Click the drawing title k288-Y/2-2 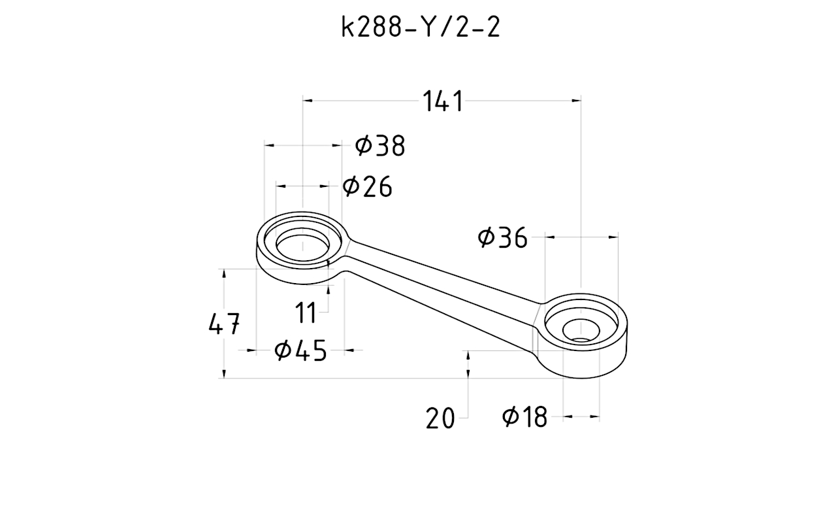421,27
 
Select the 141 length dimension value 443,102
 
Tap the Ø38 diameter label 380,146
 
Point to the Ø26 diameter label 368,187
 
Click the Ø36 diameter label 502,238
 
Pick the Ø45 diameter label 300,351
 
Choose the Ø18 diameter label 525,416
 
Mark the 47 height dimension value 224,324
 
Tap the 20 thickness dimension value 440,418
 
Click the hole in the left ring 302,245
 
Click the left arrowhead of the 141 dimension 308,100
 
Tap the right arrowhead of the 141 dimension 576,100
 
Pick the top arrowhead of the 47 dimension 224,273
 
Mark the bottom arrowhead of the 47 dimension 224,374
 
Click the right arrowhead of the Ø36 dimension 614,237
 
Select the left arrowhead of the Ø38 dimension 269,146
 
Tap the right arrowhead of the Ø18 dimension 595,416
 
